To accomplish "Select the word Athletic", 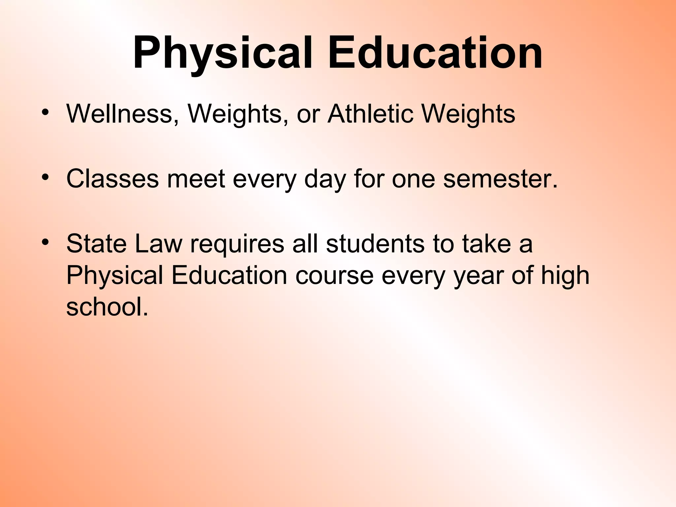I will (x=370, y=114).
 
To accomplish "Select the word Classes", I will (x=113, y=179).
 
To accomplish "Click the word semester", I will (x=500, y=179).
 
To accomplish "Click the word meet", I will (x=196, y=179).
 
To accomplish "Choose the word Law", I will (x=158, y=244).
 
